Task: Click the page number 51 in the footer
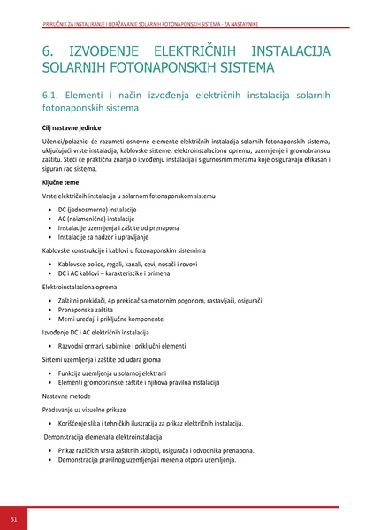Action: coord(14,518)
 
